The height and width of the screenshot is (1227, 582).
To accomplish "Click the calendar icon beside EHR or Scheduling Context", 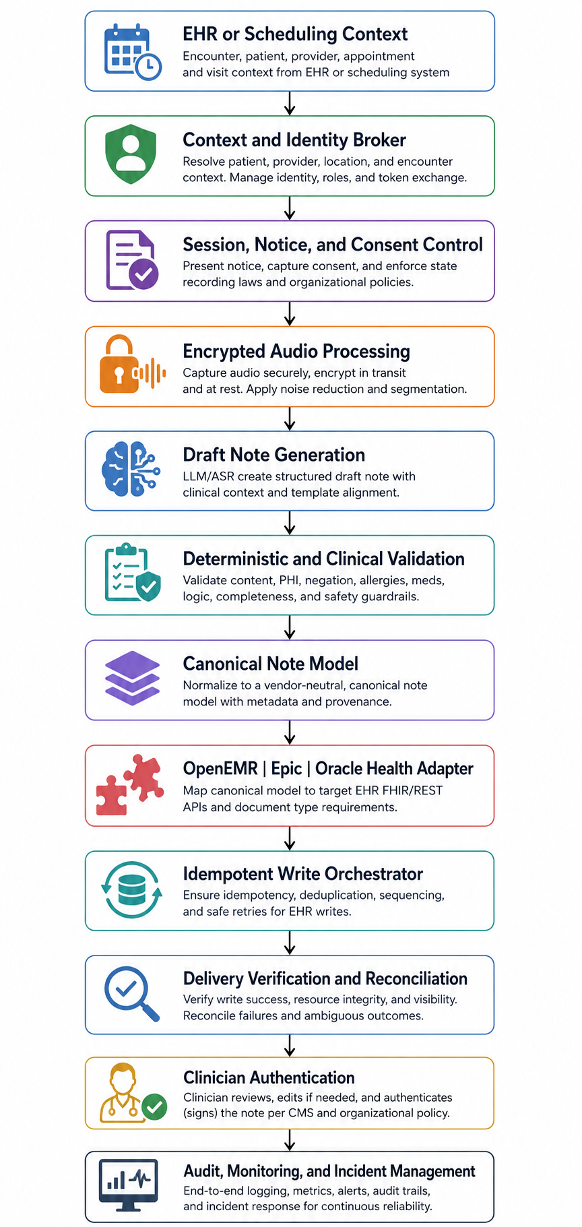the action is [x=133, y=52].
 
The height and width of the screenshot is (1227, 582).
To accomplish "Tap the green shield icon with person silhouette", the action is [x=131, y=154].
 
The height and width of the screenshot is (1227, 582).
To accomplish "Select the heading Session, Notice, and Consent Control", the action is [x=333, y=245].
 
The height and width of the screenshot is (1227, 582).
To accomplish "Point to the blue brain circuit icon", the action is [x=131, y=469].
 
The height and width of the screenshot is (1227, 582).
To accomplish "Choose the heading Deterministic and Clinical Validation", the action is [x=323, y=559].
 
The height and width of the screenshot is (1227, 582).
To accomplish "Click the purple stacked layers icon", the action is [x=132, y=679].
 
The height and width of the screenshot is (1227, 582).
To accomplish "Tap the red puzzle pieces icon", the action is [x=130, y=785].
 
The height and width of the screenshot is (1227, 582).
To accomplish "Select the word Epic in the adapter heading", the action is [x=286, y=769].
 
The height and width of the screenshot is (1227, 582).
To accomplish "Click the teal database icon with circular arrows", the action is [x=132, y=890].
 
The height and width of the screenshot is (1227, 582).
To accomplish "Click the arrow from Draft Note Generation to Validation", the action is [x=290, y=523].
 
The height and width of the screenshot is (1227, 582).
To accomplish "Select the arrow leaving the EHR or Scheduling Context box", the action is [x=290, y=103].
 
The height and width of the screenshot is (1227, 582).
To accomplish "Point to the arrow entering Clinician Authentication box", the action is [x=290, y=1046].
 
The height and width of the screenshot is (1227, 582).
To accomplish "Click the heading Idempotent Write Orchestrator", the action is [x=303, y=874].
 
